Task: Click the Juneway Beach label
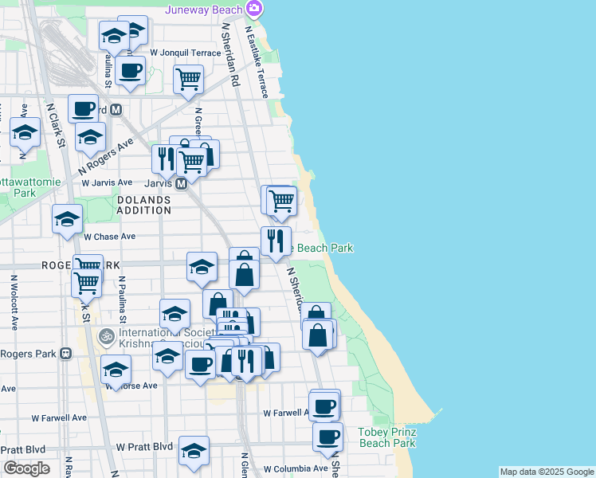coord(205,10)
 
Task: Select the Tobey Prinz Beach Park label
coord(387,437)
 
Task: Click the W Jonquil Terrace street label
coord(185,53)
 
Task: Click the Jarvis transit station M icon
coord(181,183)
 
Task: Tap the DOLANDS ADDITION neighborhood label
coord(144,205)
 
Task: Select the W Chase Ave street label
coord(110,237)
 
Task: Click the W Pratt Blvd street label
coord(145,448)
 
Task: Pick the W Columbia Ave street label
coord(296,468)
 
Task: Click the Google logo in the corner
coord(27,468)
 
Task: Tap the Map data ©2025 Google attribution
coord(547,472)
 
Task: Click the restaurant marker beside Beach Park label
coord(276,240)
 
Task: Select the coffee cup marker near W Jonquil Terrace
coord(130,69)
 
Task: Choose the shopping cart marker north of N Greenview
coord(188,79)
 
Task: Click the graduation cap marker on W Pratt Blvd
coord(194,450)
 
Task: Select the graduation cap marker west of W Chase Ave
coord(67,218)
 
